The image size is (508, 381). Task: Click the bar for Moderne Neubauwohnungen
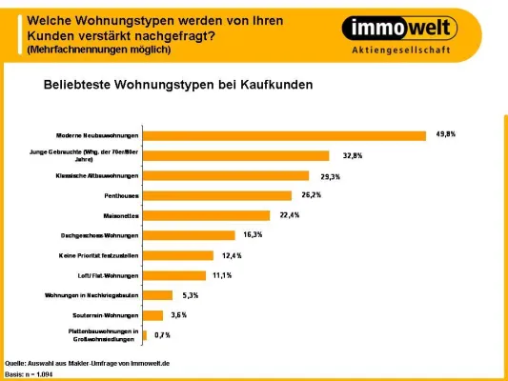tap(284, 135)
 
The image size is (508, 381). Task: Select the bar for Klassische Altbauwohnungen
tap(226, 175)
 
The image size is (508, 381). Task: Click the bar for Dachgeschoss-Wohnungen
tap(189, 235)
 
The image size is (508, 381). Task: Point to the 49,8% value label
tap(445, 135)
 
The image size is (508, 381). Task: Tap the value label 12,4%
tap(232, 255)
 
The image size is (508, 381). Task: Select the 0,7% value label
tap(161, 335)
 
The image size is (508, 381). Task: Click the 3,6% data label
tap(178, 314)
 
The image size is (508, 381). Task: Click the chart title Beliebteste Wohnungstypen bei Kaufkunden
tap(178, 85)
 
